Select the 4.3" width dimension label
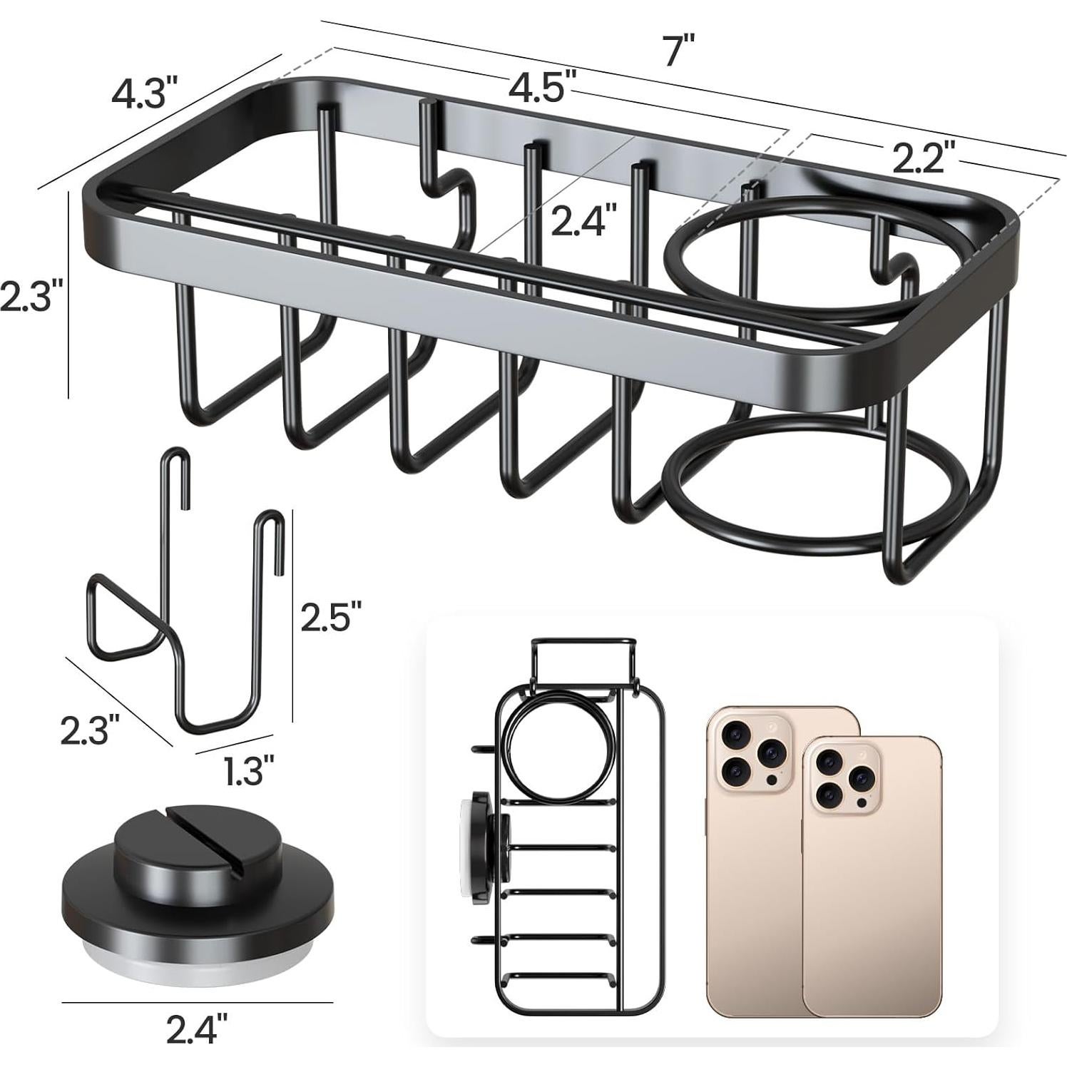pos(143,91)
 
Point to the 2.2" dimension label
pos(919,157)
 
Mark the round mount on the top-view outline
pos(487,837)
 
